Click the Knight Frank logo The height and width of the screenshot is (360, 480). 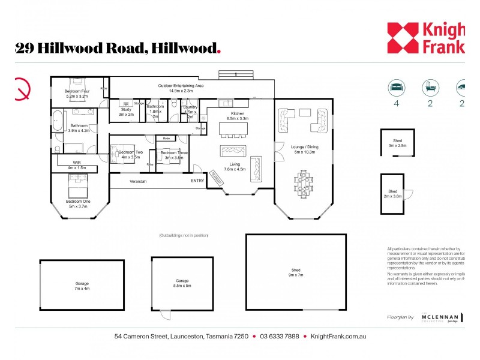coord(425,37)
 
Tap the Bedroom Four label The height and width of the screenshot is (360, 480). coord(76,93)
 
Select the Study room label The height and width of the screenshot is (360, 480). coord(125,112)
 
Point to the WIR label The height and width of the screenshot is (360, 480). coord(77,165)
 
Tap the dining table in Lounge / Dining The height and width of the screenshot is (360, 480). coord(304,183)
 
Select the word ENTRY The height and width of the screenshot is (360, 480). coord(197,181)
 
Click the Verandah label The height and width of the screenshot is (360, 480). coord(138,181)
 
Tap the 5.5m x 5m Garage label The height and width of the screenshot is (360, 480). coord(182,283)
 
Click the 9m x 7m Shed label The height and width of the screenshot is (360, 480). coord(296,273)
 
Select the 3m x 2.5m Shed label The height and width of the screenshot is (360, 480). coord(397,143)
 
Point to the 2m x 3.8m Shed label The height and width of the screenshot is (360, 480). coord(393,193)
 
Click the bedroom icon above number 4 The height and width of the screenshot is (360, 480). coord(396,87)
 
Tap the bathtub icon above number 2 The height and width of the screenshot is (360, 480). coord(430,87)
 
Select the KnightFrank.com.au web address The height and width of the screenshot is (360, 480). coord(338,336)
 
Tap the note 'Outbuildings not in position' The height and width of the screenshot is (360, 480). coord(184,235)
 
